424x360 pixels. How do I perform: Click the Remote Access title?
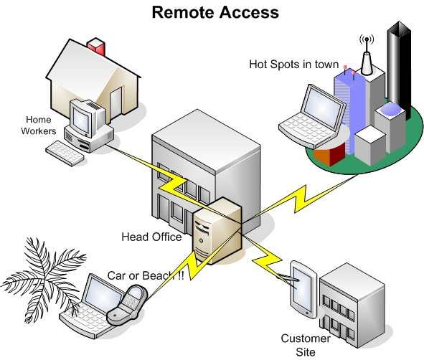coord(215,12)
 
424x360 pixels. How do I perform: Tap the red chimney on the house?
coord(96,47)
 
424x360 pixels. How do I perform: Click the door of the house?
coord(116,103)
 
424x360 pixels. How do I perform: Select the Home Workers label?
coord(39,125)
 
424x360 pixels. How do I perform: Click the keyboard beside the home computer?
coord(65,153)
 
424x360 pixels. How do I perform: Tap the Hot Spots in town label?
coord(293,65)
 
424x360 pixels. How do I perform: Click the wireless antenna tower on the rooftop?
coord(367,56)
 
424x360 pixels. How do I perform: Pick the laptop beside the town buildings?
coord(314,117)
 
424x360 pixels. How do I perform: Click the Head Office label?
coord(151,237)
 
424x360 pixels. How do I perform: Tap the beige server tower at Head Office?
coord(217,230)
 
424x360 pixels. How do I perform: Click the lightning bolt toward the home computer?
coord(172,184)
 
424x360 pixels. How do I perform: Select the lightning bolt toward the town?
coord(300,199)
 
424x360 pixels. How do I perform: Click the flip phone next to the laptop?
coord(127,305)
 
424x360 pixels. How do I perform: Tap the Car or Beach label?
coord(146,275)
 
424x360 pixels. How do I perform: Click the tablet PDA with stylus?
coord(302,289)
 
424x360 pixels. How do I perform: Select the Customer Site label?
coord(306,345)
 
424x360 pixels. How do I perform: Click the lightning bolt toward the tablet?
coord(267,259)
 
